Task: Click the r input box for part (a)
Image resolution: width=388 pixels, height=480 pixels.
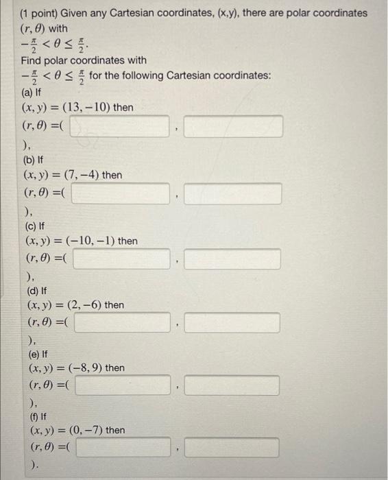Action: click(119, 126)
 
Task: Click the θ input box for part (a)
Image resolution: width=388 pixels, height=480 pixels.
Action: click(233, 126)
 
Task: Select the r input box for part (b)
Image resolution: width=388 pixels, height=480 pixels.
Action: click(120, 193)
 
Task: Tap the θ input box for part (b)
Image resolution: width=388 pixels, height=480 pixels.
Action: click(233, 193)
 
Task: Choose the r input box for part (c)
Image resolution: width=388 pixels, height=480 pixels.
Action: click(121, 259)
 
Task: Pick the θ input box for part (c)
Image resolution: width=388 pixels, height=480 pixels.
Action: click(233, 259)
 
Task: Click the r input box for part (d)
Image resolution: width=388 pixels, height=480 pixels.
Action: click(122, 322)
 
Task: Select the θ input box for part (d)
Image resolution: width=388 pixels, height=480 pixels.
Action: click(233, 322)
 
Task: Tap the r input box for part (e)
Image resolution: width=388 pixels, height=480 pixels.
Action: click(123, 385)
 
